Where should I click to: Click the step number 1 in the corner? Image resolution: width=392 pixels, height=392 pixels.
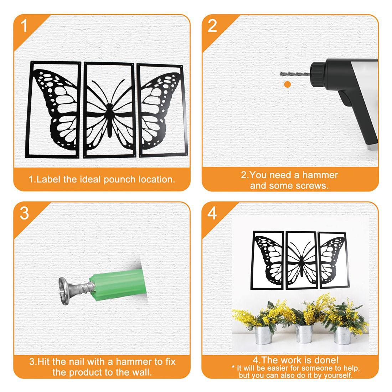(x=24, y=26)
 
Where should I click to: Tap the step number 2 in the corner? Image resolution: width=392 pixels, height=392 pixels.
(x=212, y=26)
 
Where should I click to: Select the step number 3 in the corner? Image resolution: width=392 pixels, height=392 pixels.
(x=24, y=213)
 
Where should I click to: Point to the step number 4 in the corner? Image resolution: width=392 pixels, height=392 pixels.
(x=212, y=213)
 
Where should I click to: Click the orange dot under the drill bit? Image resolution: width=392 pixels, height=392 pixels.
(x=288, y=84)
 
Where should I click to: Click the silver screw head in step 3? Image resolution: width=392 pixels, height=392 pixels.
(x=64, y=291)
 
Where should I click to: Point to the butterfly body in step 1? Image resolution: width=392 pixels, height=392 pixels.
(x=109, y=120)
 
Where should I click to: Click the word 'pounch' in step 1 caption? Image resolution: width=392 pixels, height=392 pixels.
(x=119, y=180)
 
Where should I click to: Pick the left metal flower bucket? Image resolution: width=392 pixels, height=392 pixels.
(x=263, y=335)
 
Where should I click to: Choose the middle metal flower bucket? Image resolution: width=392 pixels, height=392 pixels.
(x=304, y=333)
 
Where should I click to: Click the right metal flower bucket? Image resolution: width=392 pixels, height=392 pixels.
(x=342, y=335)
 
